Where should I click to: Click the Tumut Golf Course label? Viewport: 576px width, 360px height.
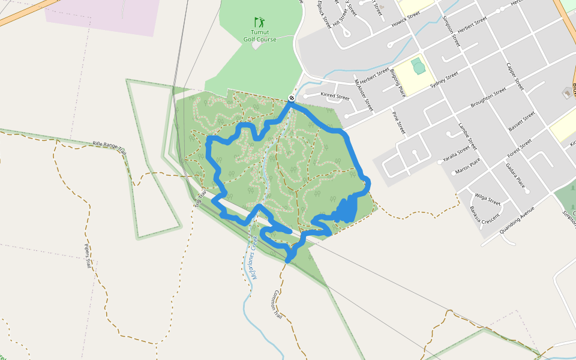260,36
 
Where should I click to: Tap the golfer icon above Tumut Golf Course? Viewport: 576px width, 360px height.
259,22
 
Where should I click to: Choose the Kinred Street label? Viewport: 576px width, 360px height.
335,96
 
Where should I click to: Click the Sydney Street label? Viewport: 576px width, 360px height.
444,80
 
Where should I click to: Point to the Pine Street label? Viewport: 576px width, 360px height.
399,122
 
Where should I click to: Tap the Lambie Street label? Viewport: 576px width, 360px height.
467,136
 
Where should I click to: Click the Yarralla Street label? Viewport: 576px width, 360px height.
455,154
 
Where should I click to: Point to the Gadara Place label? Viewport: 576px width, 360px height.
515,175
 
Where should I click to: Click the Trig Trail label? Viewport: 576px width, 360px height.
200,199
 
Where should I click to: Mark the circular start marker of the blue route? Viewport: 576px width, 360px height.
291,98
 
